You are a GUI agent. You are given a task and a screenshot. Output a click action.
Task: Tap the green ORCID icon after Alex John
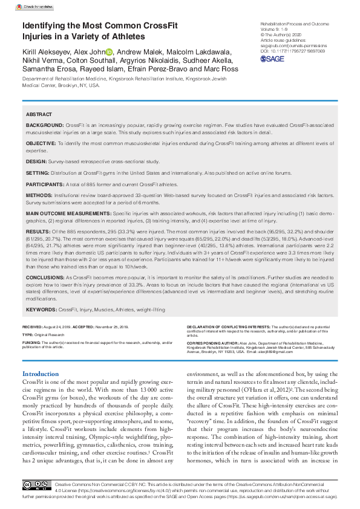110,52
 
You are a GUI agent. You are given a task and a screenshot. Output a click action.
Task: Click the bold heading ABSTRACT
40,114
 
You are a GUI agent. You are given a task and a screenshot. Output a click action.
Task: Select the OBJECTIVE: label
41,143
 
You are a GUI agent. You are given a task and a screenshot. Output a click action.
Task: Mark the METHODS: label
39,196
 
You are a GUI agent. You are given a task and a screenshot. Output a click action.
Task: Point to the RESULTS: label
38,232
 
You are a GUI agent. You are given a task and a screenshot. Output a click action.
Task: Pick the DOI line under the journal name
292,51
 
